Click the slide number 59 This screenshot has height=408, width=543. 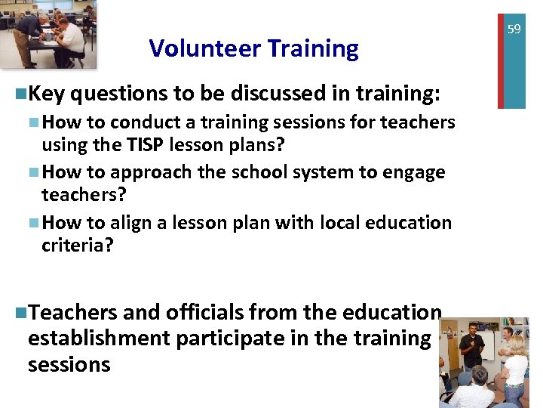tap(514, 29)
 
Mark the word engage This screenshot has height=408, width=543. tap(414, 172)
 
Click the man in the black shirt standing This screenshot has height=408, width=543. tap(472, 348)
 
